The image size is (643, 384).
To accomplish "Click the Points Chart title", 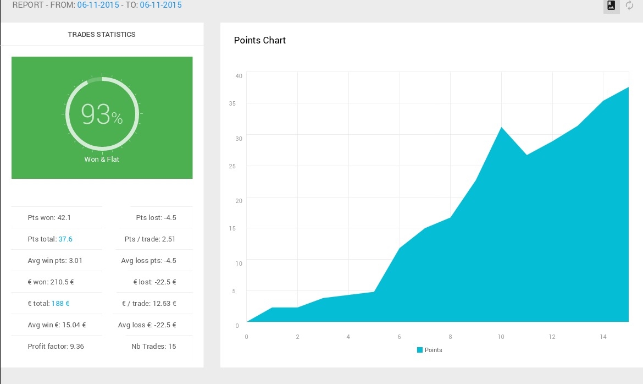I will pyautogui.click(x=260, y=40).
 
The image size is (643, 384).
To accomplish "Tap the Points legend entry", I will pyautogui.click(x=429, y=350).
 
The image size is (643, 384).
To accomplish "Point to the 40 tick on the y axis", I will pyautogui.click(x=239, y=76).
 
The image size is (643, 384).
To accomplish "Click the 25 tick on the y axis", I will pyautogui.click(x=239, y=166).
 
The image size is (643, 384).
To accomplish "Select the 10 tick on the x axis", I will pyautogui.click(x=501, y=337).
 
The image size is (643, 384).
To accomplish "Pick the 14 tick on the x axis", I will pyautogui.click(x=603, y=337).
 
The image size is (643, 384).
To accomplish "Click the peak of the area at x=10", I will pyautogui.click(x=501, y=128).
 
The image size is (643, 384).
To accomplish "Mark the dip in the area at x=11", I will pyautogui.click(x=526, y=155).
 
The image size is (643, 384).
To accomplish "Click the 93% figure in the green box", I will pyautogui.click(x=102, y=114).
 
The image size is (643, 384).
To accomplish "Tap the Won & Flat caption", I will pyautogui.click(x=102, y=160).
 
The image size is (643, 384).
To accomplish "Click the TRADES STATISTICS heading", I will pyautogui.click(x=102, y=35).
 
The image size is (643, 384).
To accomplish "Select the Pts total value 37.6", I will pyautogui.click(x=65, y=239).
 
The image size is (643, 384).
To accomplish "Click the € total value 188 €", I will pyautogui.click(x=60, y=303).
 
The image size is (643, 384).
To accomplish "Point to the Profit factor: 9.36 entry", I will pyautogui.click(x=56, y=347).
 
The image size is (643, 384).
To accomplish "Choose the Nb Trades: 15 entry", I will pyautogui.click(x=154, y=347).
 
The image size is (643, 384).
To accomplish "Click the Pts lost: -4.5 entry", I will pyautogui.click(x=156, y=218).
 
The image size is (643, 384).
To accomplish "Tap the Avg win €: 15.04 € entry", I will pyautogui.click(x=57, y=325).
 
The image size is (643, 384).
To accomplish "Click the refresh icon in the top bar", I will pyautogui.click(x=630, y=6).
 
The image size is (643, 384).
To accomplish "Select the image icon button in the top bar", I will pyautogui.click(x=611, y=6).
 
